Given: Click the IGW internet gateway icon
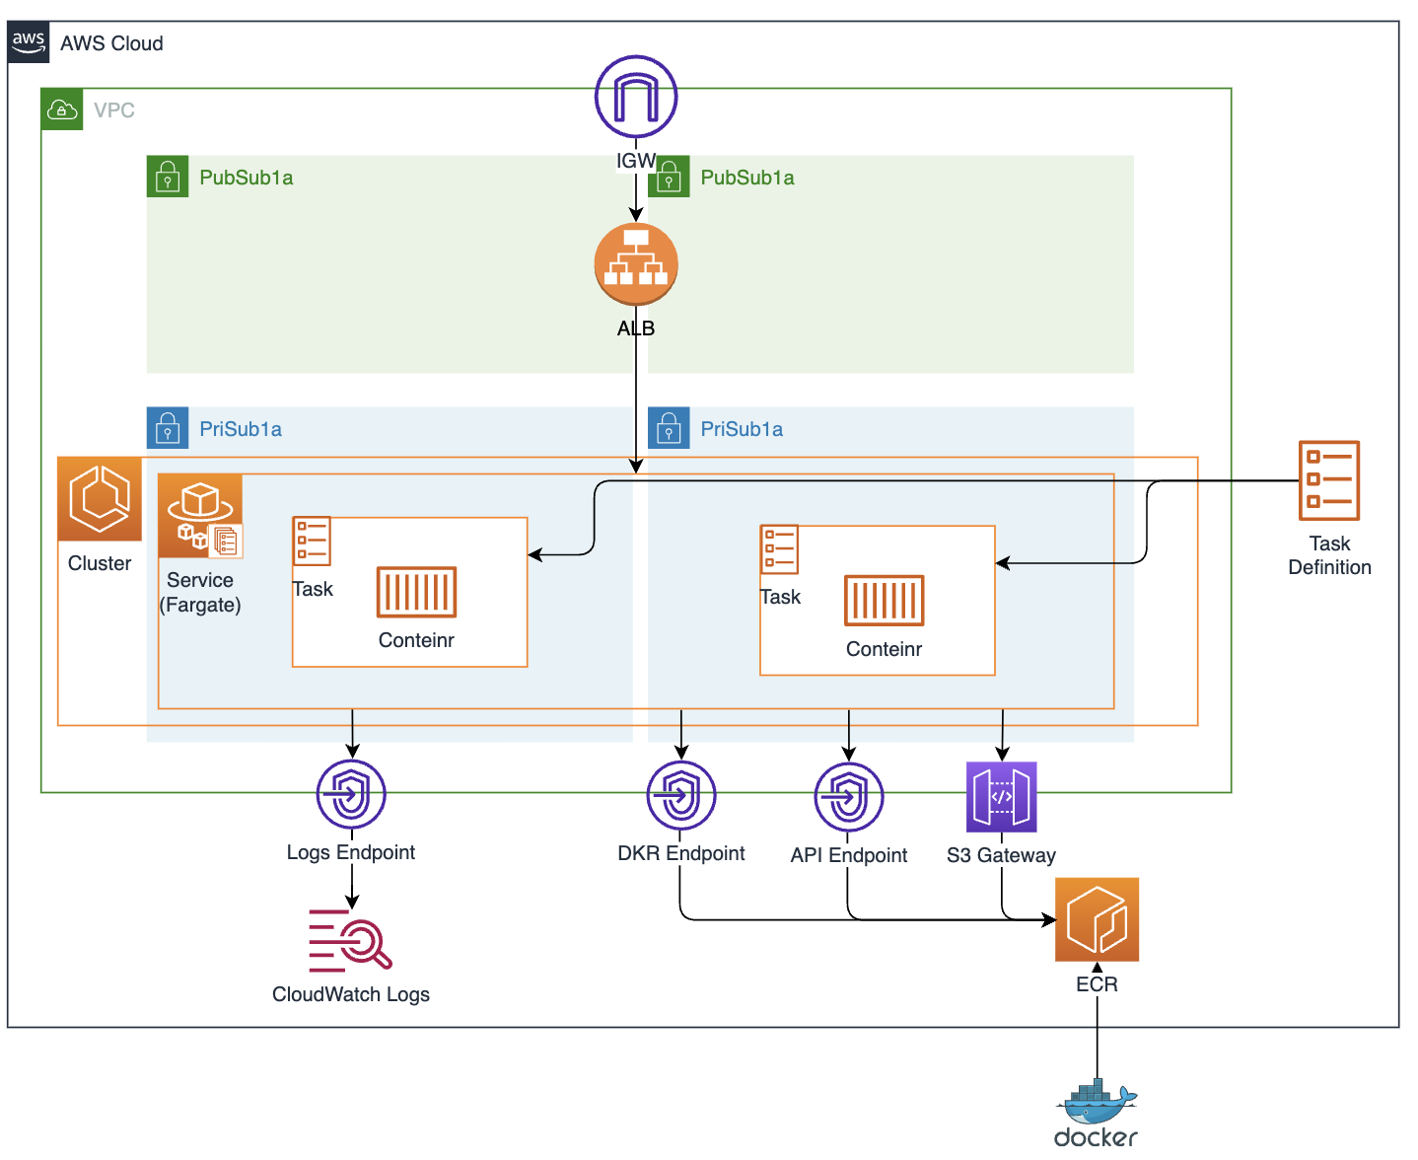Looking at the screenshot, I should tap(636, 97).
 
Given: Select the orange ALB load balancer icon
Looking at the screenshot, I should tap(636, 264).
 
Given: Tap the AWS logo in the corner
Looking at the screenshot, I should tap(29, 42).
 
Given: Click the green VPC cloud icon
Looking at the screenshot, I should tap(62, 109).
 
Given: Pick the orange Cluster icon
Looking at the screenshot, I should tap(100, 498).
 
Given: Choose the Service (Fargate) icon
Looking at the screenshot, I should tap(200, 516).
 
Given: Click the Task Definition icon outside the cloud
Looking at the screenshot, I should tap(1329, 480).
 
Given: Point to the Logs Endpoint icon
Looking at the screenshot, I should tap(351, 794).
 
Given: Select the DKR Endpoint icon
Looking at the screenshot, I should tap(681, 795).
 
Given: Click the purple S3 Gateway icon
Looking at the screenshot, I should tap(1001, 797).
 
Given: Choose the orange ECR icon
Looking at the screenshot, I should tap(1097, 919).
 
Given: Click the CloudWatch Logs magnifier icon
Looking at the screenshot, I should tap(351, 940).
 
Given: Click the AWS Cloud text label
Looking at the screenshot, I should tap(111, 43).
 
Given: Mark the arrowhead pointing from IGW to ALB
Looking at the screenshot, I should tap(636, 214).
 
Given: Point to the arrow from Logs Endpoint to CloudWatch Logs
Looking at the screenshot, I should tap(352, 888).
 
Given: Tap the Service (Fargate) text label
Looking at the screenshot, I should tap(200, 593).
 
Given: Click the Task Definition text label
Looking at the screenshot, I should tap(1329, 555).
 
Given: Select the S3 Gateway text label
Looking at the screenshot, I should tap(1001, 855).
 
